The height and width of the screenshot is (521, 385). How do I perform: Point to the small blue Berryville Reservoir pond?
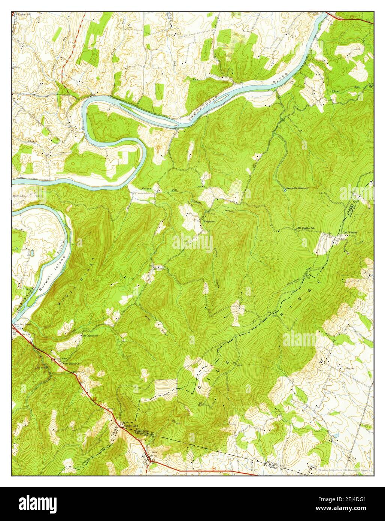click(285, 190)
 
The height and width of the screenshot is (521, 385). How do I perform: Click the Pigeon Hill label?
click(25, 15)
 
